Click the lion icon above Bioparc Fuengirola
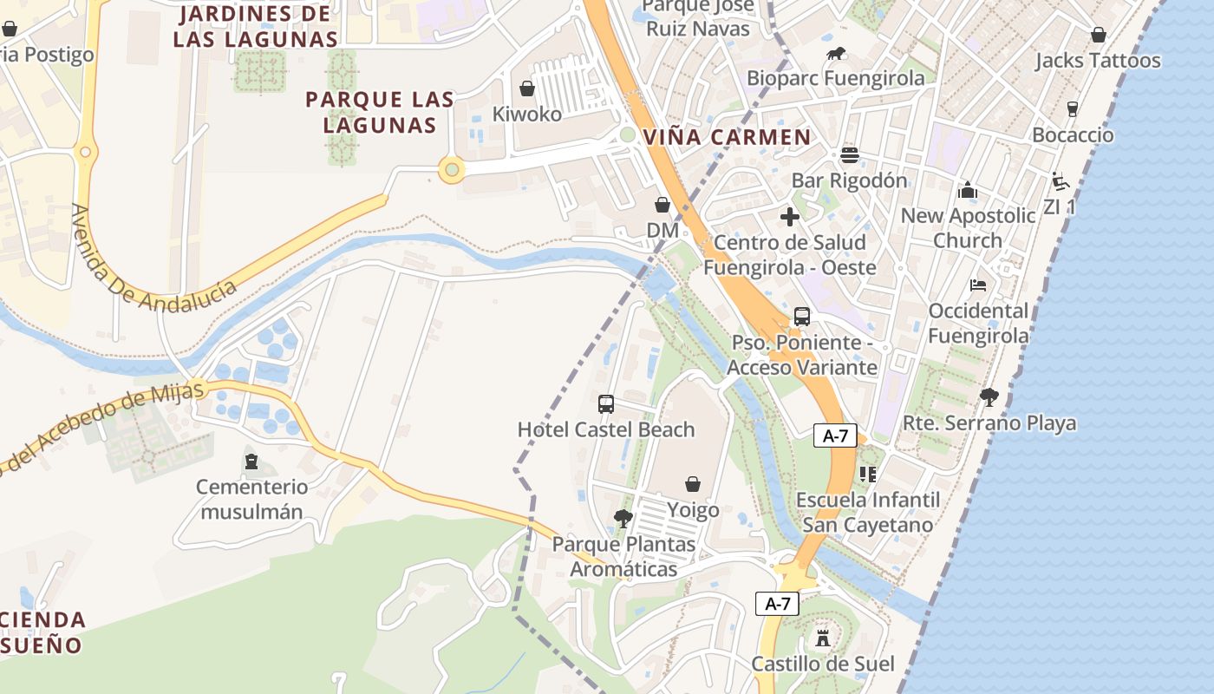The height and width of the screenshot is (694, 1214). (836, 54)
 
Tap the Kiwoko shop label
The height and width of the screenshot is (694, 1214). (527, 114)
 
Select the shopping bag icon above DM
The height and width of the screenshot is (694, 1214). (662, 205)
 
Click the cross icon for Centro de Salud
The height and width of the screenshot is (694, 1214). (789, 217)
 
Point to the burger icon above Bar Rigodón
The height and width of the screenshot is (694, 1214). (849, 155)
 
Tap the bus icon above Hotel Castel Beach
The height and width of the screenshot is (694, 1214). (606, 403)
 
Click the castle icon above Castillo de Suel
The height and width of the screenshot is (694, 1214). (822, 638)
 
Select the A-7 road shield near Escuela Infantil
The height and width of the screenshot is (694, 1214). (835, 436)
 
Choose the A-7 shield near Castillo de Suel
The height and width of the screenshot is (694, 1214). (777, 604)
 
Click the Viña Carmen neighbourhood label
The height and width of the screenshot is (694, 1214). (727, 137)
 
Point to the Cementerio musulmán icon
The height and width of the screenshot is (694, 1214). (251, 461)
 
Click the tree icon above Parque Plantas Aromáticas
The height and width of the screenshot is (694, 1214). (623, 519)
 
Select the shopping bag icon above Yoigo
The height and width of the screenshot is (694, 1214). (693, 483)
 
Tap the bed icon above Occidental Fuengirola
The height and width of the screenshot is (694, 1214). (978, 285)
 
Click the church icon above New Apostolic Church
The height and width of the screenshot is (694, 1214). (968, 190)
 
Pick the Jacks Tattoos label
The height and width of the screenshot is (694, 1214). (1098, 61)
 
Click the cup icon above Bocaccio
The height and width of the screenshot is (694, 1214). (1073, 109)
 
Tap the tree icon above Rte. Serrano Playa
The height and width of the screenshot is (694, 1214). (989, 397)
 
